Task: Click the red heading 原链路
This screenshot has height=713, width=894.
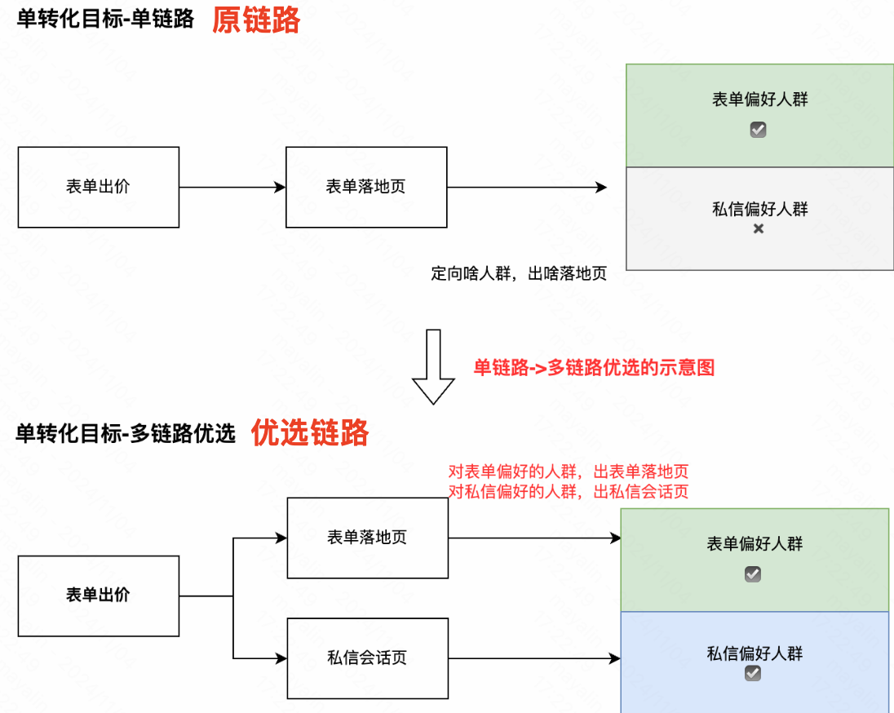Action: point(256,20)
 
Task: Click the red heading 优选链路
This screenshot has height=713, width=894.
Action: point(309,432)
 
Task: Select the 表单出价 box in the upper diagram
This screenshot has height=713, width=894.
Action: point(98,187)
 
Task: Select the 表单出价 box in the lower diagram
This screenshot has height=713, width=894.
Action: point(98,596)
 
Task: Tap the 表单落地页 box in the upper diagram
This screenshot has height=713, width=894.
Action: point(365,187)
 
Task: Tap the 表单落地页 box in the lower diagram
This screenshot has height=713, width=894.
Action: point(367,538)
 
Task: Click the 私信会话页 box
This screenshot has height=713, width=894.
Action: point(367,658)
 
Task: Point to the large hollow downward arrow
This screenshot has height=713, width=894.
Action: point(433,367)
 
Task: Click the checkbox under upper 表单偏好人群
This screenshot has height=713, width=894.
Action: point(759,130)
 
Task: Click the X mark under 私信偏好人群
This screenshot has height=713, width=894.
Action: point(759,229)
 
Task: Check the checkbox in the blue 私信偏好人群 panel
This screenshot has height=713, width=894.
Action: point(753,673)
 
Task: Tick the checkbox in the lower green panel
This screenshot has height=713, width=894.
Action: point(753,574)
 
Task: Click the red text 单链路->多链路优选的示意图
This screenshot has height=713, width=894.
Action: point(594,368)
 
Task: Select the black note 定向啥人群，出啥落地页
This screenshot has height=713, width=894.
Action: point(519,274)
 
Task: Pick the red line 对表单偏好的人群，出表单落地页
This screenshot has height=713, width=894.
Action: point(569,472)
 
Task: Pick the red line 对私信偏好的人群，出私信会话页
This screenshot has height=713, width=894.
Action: point(569,492)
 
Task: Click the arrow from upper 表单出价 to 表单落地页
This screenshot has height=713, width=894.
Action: point(232,188)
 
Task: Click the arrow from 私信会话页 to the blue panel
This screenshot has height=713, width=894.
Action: point(534,658)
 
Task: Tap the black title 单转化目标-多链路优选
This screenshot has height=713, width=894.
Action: point(126,433)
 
